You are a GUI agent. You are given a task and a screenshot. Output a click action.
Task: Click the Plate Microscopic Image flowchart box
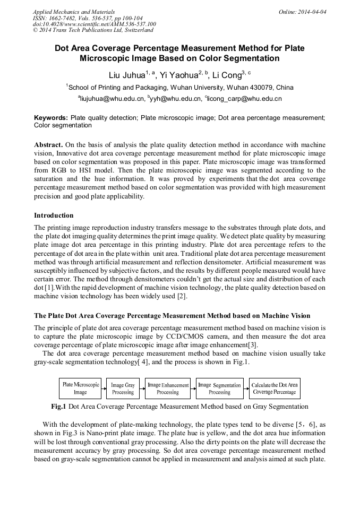[x=80, y=389]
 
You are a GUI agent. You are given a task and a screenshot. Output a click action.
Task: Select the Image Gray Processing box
[x=123, y=389]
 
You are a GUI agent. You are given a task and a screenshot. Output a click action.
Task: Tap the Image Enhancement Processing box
[x=168, y=389]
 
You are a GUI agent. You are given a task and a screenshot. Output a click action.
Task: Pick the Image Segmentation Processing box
[x=219, y=389]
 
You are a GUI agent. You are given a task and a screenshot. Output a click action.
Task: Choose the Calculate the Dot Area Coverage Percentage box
[x=275, y=389]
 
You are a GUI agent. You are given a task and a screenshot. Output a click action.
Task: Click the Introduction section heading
[x=54, y=215]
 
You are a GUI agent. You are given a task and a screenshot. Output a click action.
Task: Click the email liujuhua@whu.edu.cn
[x=112, y=99]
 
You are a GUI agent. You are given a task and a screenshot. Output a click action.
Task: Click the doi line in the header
[x=95, y=24]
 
